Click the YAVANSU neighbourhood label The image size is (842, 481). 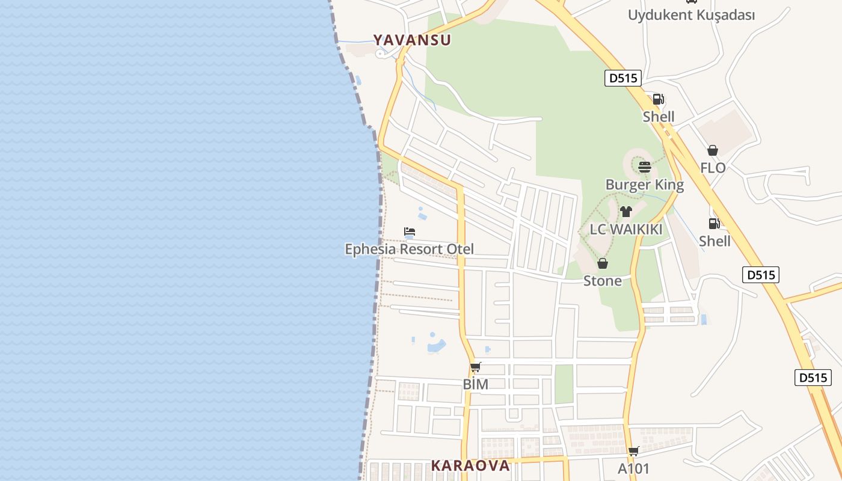coord(412,40)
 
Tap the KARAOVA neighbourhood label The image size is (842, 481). coord(470,465)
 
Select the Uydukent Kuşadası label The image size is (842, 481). coord(691,15)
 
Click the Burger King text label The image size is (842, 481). coord(645,185)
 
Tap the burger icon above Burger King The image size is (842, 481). coord(645,167)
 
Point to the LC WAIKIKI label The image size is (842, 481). coord(626,230)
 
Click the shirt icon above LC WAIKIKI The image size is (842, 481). coord(626,212)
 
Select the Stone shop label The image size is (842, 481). coord(603,281)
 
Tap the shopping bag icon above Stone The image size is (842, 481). coord(603,263)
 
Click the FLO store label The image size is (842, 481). coord(713,168)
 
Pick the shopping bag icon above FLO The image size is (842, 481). coord(713,150)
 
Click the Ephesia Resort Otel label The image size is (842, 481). coord(409,249)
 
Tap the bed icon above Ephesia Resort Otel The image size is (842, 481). coord(410,231)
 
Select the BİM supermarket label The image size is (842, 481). coord(476,384)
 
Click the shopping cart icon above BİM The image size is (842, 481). coord(476,367)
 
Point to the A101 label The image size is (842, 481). coord(634,468)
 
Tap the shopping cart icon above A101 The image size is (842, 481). coord(633,451)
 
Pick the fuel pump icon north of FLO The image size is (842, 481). coord(659,99)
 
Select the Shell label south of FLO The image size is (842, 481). coord(714,241)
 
